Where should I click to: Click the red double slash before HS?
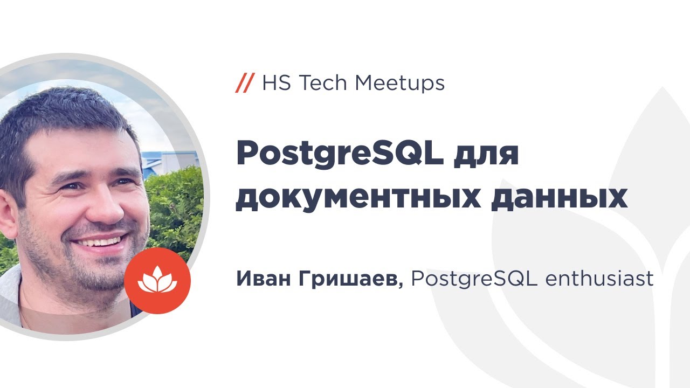(245, 83)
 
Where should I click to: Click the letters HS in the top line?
(277, 83)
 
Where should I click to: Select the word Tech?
(323, 83)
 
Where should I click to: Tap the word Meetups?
(400, 84)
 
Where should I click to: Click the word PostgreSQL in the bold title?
(340, 155)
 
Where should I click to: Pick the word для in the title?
(486, 157)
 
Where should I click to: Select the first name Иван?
(264, 279)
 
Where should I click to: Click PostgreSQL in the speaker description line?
(474, 279)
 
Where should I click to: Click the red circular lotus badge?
(157, 281)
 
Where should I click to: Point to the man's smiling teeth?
(99, 242)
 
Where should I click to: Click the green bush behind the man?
(175, 210)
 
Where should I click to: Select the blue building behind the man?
(169, 163)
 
